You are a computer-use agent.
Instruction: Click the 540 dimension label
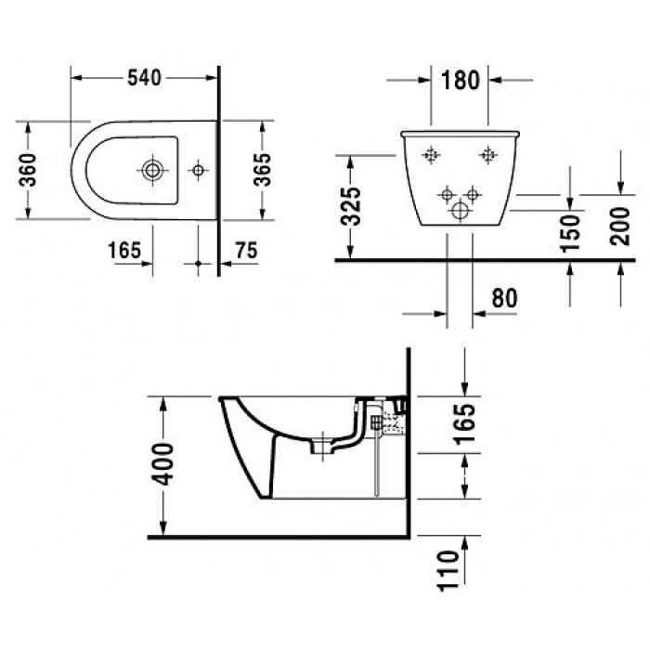(x=144, y=77)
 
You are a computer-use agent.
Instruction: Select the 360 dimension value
(x=29, y=170)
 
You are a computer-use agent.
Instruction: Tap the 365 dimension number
(x=263, y=170)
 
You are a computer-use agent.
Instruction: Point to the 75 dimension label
(x=246, y=250)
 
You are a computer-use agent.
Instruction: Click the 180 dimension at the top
(x=461, y=80)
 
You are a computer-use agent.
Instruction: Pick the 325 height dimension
(x=351, y=206)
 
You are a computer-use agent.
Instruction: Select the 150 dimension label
(x=570, y=233)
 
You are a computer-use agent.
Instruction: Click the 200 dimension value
(x=620, y=226)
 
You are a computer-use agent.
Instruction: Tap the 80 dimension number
(x=504, y=298)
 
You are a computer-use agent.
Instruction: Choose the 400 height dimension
(x=162, y=464)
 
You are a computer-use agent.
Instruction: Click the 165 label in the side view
(x=464, y=423)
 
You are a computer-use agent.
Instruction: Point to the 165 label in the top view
(x=124, y=250)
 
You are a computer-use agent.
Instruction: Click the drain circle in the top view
(x=152, y=170)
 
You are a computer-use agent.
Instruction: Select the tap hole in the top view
(x=198, y=170)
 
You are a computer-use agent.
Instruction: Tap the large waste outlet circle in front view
(x=460, y=210)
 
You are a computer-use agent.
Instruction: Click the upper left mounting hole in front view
(x=431, y=155)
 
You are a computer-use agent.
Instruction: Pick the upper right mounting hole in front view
(x=488, y=155)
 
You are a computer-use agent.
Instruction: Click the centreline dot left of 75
(x=198, y=263)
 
